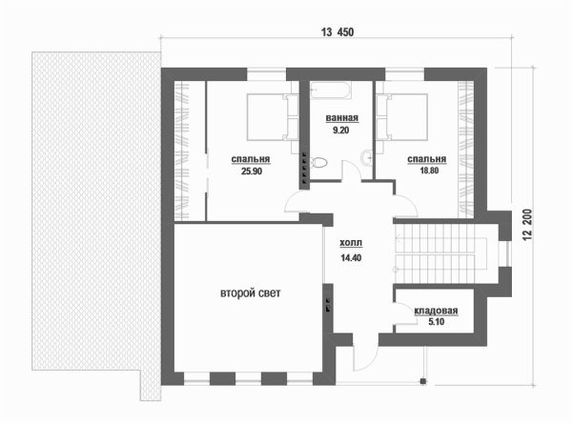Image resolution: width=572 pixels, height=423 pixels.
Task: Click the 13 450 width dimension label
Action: [337, 32]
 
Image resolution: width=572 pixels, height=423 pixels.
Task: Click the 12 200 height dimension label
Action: [527, 225]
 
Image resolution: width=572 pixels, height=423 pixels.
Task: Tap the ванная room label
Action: [342, 118]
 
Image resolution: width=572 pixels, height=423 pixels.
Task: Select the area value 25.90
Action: [252, 171]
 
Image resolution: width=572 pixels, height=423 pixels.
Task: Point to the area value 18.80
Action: [429, 171]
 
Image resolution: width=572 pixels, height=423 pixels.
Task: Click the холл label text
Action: [351, 243]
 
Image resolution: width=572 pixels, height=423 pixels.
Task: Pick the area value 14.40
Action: [351, 258]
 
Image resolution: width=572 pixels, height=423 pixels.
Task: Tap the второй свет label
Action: [251, 293]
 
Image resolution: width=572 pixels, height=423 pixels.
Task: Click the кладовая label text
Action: [436, 311]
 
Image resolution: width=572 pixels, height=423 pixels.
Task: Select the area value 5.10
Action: [437, 322]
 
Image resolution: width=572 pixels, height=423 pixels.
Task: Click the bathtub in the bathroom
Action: [331, 91]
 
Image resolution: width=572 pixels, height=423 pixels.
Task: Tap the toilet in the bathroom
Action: [317, 162]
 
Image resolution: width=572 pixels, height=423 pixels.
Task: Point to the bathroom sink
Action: [367, 158]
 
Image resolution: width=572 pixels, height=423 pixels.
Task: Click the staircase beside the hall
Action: [440, 253]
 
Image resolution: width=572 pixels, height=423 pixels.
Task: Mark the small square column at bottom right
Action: [423, 381]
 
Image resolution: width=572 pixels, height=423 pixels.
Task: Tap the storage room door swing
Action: [406, 313]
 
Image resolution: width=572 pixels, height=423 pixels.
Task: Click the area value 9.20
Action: [341, 130]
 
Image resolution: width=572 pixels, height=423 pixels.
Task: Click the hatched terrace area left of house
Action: [95, 211]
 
